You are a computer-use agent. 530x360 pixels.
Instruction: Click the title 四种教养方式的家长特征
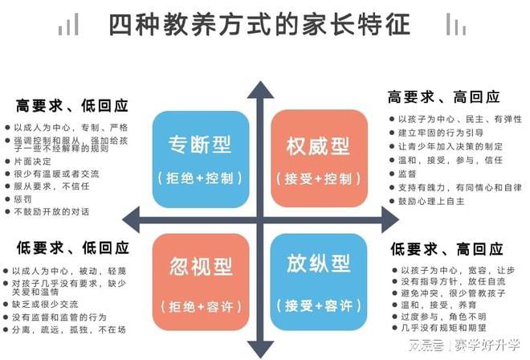click(x=259, y=24)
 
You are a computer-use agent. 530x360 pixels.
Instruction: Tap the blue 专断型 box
click(x=201, y=159)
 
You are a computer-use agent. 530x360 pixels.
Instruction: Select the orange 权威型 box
click(x=319, y=158)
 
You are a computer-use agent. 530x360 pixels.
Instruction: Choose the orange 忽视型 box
click(x=201, y=282)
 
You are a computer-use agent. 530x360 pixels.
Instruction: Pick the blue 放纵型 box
click(x=319, y=282)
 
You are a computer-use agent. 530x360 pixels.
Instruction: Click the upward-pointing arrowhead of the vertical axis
click(x=260, y=90)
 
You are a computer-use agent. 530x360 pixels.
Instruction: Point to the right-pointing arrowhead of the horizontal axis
click(x=390, y=220)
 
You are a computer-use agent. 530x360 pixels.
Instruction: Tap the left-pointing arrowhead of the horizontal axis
click(x=131, y=220)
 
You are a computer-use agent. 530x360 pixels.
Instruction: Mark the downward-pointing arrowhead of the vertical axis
click(x=260, y=350)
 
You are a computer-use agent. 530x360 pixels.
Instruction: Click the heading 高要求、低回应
click(x=71, y=106)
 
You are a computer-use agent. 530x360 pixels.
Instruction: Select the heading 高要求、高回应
click(x=443, y=97)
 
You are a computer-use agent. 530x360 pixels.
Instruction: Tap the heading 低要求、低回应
click(x=72, y=248)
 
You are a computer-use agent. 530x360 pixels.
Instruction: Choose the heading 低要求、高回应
click(x=446, y=249)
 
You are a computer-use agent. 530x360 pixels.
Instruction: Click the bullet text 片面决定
click(x=32, y=162)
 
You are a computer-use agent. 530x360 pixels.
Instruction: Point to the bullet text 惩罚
click(x=22, y=199)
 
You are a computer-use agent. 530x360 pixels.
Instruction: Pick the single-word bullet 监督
click(x=407, y=174)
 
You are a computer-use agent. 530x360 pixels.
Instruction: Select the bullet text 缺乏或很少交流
click(x=45, y=305)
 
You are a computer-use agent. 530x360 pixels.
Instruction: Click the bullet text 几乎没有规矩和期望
click(x=443, y=328)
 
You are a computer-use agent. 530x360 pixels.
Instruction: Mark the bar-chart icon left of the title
click(x=68, y=24)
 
